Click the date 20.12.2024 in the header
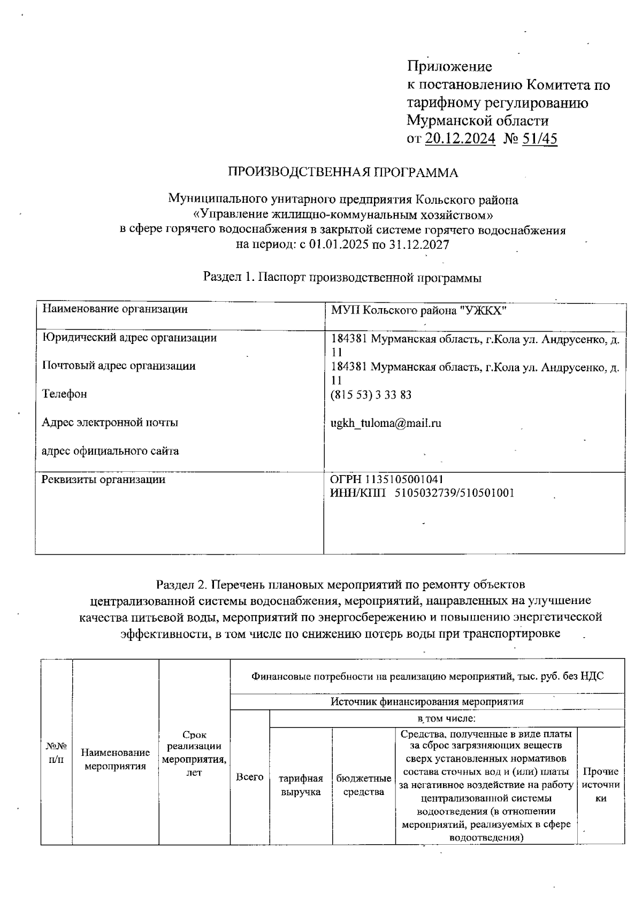(x=460, y=139)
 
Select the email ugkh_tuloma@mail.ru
(x=386, y=423)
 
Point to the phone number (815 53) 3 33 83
(x=371, y=395)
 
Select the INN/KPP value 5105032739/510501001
(x=454, y=493)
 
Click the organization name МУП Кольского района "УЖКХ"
(x=418, y=310)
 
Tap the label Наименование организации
(x=115, y=309)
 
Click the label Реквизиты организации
(x=104, y=480)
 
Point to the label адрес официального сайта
(x=110, y=451)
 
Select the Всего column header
(x=249, y=777)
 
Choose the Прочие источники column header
(x=601, y=785)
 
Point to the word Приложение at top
(x=449, y=67)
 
